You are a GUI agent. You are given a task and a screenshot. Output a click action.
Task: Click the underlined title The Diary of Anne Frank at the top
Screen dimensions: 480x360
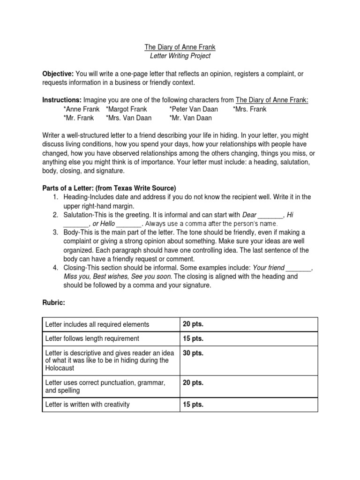180,47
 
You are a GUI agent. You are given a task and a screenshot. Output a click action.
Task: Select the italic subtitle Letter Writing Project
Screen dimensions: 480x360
180,56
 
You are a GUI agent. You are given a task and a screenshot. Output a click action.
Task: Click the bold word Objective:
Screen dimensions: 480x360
58,74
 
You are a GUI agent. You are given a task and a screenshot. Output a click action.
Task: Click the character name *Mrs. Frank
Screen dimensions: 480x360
249,109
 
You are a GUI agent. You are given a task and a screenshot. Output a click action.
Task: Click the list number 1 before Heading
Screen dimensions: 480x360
55,197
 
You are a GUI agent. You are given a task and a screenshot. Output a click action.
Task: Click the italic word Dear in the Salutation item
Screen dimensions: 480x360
249,215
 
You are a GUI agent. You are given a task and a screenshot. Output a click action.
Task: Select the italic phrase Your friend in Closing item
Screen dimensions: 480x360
269,268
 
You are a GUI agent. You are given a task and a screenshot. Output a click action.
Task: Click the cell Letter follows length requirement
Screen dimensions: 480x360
92,338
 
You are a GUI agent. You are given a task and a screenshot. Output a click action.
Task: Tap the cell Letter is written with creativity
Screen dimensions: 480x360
87,405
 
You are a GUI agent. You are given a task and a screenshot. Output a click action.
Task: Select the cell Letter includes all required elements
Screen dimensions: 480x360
97,324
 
